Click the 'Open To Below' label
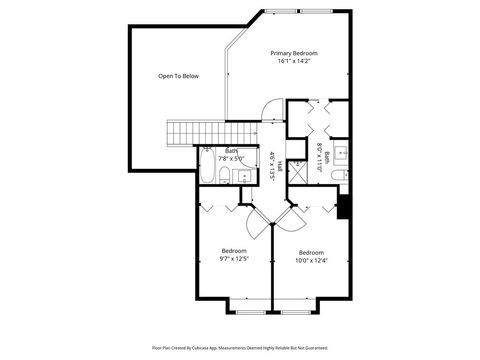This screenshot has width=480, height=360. coord(178,76)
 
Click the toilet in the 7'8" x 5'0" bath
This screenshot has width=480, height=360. coord(228,177)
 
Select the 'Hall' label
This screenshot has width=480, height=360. coord(279,165)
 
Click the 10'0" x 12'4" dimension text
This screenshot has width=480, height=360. coord(311,261)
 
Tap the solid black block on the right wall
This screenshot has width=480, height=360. coord(343,207)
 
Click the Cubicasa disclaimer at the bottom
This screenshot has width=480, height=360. coord(240,349)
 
